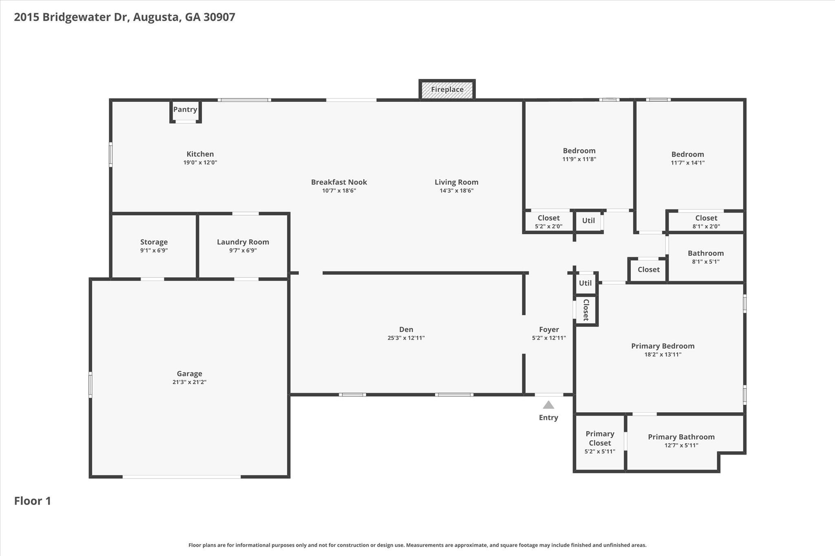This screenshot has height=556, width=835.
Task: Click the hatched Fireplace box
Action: coord(447,89)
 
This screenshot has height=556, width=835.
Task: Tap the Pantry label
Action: coord(185,109)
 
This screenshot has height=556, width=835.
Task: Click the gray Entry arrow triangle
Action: coord(548,404)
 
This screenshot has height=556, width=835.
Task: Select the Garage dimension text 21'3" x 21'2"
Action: coord(190,382)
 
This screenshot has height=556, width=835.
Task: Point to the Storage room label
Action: coord(154,242)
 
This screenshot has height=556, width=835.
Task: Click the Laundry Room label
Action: coord(243,242)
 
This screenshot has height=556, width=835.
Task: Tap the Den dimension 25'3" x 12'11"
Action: coord(406,338)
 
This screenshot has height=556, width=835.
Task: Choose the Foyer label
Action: coord(549,330)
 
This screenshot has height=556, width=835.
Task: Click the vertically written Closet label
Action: coord(586,310)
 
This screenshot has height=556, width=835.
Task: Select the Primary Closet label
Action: coord(600,438)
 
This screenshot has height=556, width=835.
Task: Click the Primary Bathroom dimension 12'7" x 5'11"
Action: coord(681,445)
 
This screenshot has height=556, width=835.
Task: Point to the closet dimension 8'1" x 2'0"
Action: coord(706,226)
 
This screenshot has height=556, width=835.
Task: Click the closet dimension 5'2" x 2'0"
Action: coord(549,226)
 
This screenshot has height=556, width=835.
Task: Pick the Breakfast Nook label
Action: coord(339,182)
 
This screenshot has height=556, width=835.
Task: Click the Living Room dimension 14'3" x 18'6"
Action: coord(457,191)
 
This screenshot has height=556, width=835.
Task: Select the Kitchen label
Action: coord(200,154)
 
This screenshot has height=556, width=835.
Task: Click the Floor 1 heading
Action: coord(33,501)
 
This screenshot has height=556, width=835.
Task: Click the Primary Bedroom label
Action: coord(663,346)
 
